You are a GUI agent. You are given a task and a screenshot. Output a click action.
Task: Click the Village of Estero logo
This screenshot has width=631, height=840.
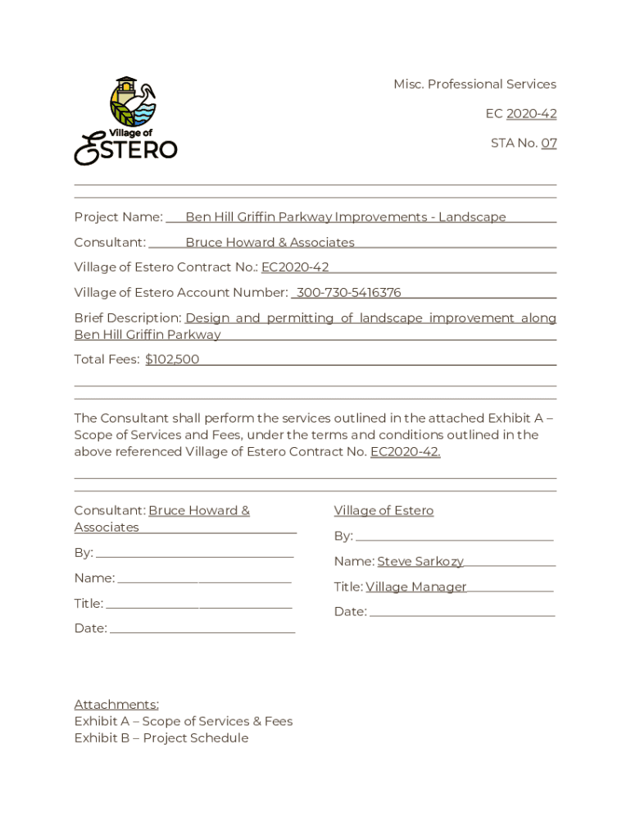(x=126, y=121)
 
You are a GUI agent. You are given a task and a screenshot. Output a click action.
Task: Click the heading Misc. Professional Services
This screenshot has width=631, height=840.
(x=474, y=84)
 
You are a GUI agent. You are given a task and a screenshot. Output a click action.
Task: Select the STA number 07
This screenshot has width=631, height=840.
(x=548, y=143)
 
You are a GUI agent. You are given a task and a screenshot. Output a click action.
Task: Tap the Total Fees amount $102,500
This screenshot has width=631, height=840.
(x=172, y=359)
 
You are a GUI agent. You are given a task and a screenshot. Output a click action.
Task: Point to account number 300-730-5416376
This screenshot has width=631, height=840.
(x=348, y=293)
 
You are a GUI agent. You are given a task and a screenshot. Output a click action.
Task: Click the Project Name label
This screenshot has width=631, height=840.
(x=118, y=217)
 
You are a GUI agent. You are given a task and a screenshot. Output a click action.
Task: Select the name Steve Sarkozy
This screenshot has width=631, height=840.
(x=420, y=562)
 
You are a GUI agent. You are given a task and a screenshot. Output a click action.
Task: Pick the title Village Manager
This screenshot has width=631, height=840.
(x=416, y=587)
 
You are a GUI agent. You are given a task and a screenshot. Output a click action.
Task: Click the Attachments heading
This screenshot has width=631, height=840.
(x=116, y=705)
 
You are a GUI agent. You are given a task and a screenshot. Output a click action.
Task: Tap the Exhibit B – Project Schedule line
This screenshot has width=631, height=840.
(x=161, y=738)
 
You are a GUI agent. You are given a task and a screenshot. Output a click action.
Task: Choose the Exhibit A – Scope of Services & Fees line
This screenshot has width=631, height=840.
(x=184, y=722)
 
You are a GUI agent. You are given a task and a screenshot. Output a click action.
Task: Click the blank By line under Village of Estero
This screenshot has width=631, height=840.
(x=454, y=537)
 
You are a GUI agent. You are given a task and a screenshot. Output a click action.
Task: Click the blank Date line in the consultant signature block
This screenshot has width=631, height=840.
(x=202, y=629)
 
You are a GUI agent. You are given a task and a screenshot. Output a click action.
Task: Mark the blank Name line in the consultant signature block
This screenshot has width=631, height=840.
(x=204, y=579)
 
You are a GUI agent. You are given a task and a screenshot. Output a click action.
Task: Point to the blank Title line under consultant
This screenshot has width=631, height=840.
(x=198, y=605)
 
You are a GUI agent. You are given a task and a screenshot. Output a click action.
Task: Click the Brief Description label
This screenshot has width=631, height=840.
(x=127, y=318)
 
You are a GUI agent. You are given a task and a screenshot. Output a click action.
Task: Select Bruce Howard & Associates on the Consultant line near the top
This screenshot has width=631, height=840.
(x=270, y=243)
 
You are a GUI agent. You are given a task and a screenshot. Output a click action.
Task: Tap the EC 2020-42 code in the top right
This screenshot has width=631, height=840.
(x=531, y=114)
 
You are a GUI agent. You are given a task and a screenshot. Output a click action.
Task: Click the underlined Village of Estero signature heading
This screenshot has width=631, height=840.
(x=384, y=511)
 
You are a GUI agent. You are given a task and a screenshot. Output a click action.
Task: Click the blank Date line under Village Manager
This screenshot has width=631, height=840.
(x=462, y=612)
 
